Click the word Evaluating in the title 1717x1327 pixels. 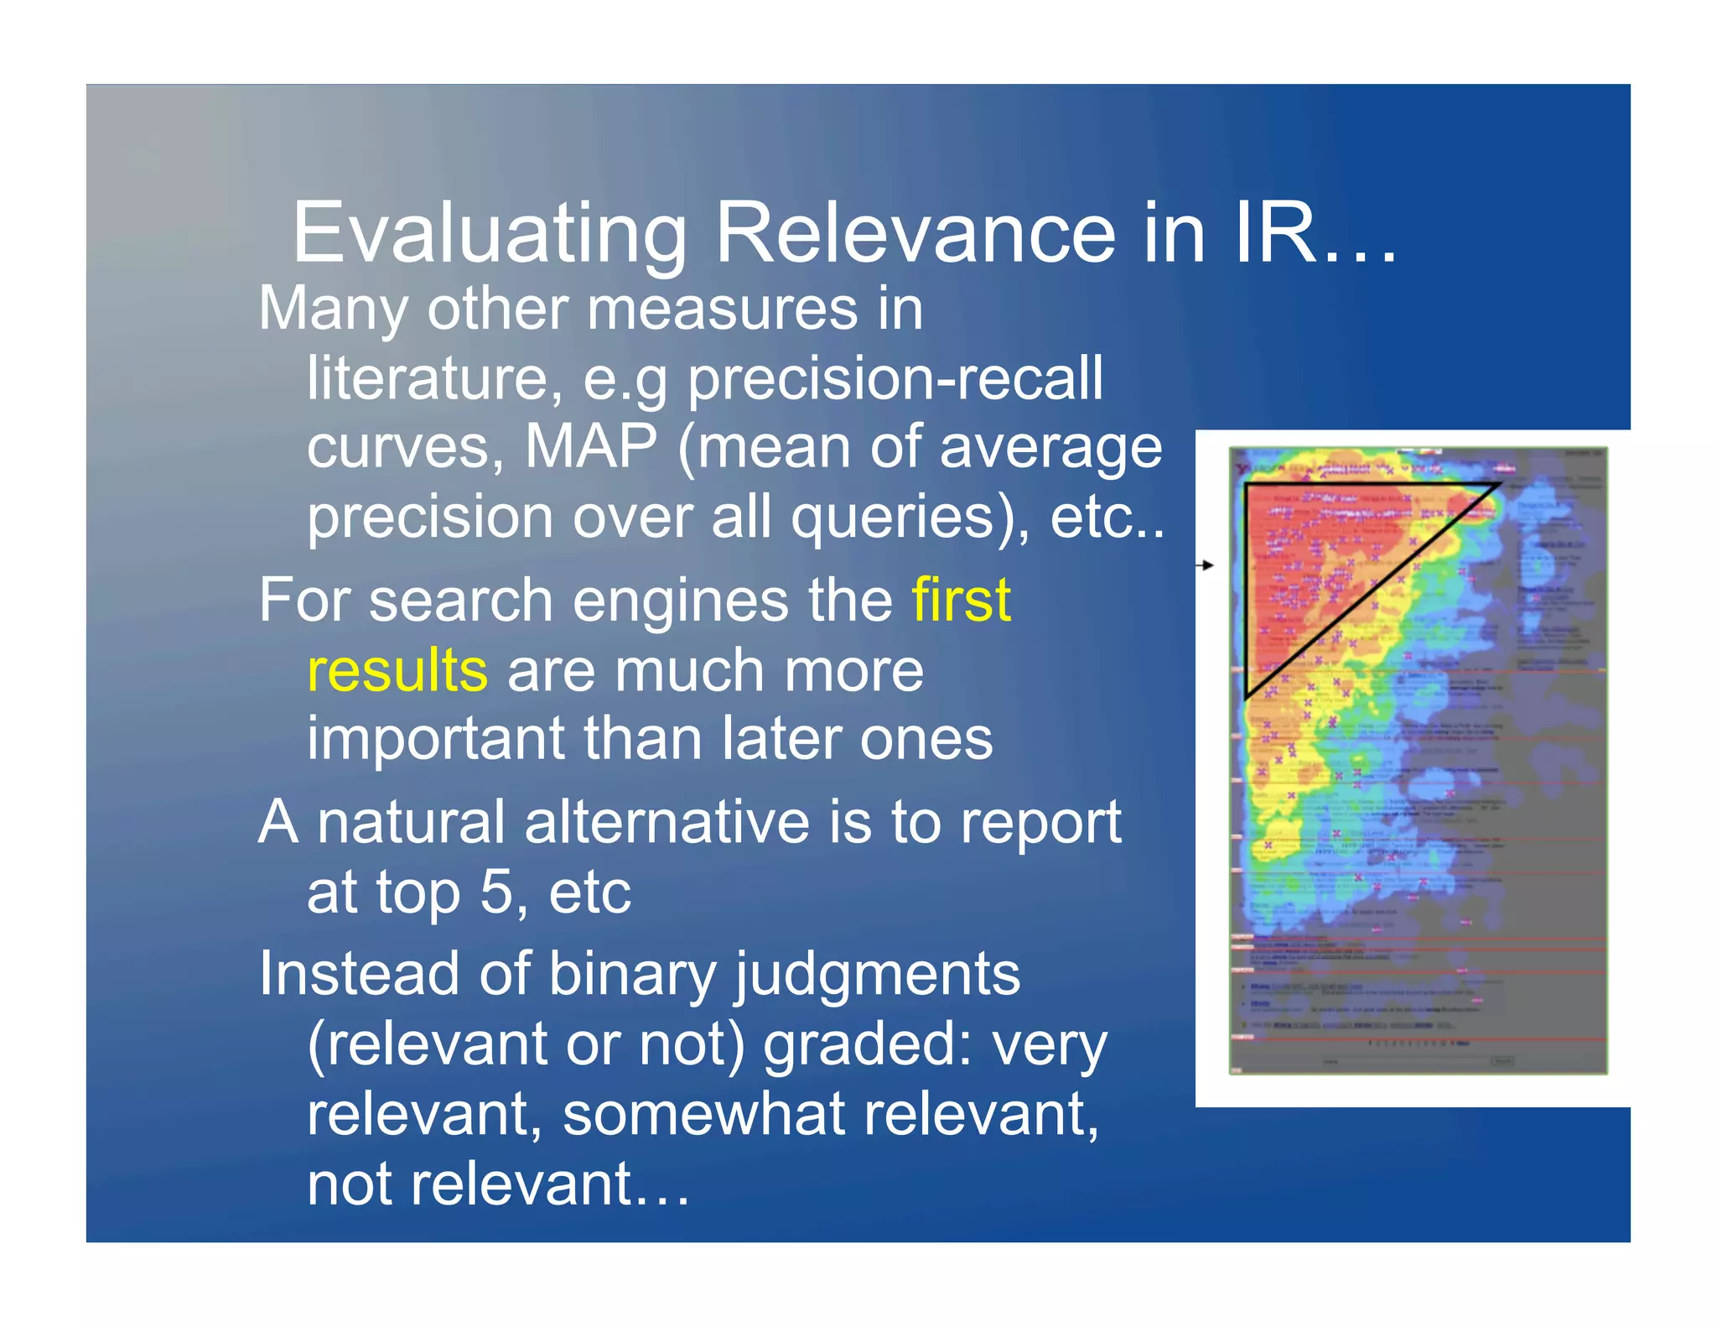click(x=489, y=234)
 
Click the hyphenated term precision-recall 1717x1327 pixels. click(x=895, y=378)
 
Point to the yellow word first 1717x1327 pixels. click(x=961, y=600)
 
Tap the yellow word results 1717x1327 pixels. click(x=397, y=670)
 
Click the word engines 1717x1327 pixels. click(x=665, y=600)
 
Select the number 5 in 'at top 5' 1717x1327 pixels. click(x=495, y=892)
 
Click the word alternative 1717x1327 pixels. click(x=667, y=822)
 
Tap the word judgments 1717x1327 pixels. click(x=878, y=976)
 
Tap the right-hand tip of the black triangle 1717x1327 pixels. click(x=1500, y=484)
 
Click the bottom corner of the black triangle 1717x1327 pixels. click(x=1247, y=696)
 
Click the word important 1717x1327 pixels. click(x=434, y=740)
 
